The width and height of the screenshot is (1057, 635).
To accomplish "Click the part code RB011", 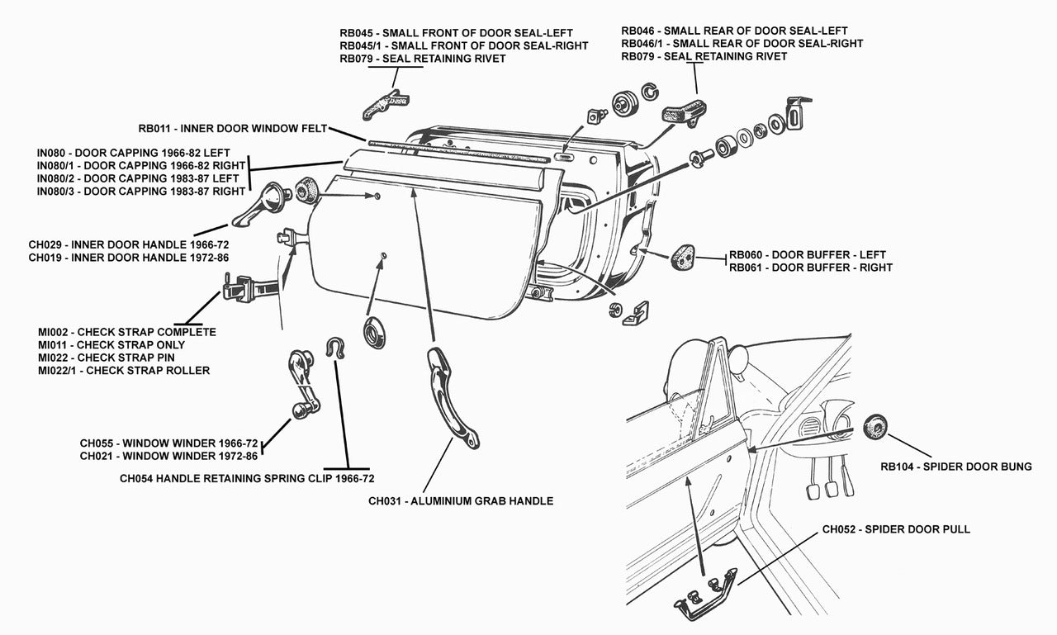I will pos(154,129).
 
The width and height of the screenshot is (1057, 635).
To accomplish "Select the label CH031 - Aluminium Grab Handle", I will pos(461,500).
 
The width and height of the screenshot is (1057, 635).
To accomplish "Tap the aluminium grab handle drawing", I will pos(451,397).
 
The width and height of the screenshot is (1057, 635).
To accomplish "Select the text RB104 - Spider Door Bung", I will pos(955,467).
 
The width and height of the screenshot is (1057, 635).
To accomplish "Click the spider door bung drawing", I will pos(875,426).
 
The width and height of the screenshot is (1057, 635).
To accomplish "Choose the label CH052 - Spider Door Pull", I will pos(896,529).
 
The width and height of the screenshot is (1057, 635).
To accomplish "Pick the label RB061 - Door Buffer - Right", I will pos(810,268).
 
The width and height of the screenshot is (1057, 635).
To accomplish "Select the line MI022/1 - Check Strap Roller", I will pos(124,371).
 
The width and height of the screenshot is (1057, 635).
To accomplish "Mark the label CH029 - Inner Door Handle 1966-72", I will pos(128,244).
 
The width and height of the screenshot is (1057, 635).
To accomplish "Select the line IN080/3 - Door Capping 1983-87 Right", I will pos(140,192).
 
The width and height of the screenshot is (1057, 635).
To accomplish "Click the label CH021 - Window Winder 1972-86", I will pos(168,455).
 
